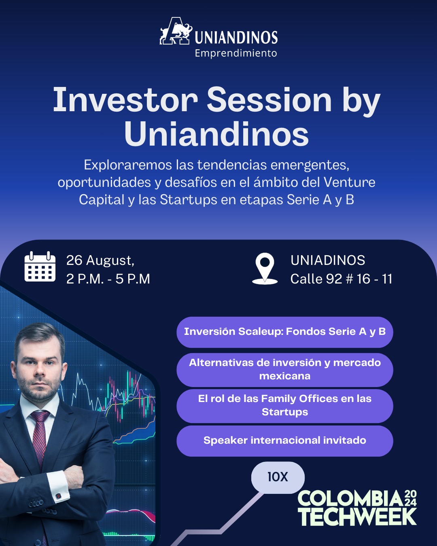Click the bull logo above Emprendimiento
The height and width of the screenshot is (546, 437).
(x=176, y=31)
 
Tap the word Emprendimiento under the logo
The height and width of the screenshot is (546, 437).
(x=235, y=53)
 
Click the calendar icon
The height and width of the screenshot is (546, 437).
(x=40, y=267)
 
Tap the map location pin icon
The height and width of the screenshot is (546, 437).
(x=265, y=269)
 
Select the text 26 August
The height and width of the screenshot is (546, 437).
(x=100, y=260)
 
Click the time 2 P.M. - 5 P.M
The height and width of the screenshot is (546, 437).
(x=108, y=279)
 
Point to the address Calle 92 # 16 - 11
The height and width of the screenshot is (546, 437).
(x=341, y=279)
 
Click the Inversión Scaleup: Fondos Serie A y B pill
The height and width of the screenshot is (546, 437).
(x=284, y=332)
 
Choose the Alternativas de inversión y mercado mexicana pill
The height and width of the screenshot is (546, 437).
(x=284, y=370)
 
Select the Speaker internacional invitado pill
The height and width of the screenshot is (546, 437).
(x=284, y=441)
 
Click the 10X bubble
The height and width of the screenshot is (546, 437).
(x=278, y=477)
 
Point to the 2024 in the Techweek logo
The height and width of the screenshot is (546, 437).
(x=410, y=498)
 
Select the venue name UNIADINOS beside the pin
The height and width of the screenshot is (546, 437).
(x=328, y=260)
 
